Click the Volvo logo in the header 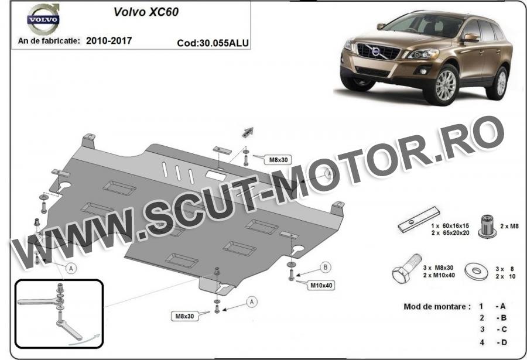[43, 19]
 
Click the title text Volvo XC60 [146, 12]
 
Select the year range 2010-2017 [109, 40]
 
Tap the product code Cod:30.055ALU [213, 43]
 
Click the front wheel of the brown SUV [444, 85]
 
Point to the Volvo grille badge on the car [376, 52]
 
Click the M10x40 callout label [321, 286]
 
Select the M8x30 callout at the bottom [184, 316]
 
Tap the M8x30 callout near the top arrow [278, 160]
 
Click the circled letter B [326, 268]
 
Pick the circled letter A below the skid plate [252, 302]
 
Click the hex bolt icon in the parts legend [407, 268]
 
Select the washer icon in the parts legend [477, 271]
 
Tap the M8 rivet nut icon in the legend [487, 226]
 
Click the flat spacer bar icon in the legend [419, 220]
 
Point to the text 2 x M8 [509, 226]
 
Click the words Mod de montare [434, 307]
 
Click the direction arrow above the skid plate [248, 132]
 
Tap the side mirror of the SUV [470, 37]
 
